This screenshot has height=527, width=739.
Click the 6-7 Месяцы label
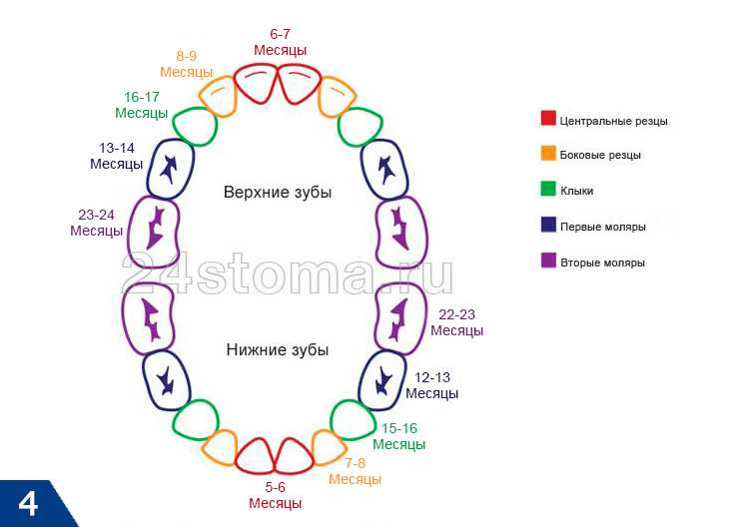click(280, 42)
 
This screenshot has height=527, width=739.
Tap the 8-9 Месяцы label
click(186, 64)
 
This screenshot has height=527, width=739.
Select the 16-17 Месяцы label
click(142, 105)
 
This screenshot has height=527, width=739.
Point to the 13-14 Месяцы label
click(117, 156)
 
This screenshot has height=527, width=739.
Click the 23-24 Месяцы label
click(96, 223)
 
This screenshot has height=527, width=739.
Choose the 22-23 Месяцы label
click(456, 322)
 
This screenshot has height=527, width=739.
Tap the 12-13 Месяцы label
click(431, 385)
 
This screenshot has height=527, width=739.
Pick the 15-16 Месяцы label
click(398, 436)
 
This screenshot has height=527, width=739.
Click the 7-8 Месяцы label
click(355, 471)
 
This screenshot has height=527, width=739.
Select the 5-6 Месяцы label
click(275, 495)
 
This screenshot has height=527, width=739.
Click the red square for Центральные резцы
click(548, 118)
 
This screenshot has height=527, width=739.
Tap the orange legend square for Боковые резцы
click(548, 153)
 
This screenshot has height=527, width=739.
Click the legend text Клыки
click(576, 191)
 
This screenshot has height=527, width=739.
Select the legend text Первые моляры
click(603, 227)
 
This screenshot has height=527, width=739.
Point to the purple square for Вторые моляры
click(548, 261)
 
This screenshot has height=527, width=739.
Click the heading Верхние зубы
click(278, 193)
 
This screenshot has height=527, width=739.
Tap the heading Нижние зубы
click(278, 350)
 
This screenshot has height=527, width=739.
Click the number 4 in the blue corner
click(28, 504)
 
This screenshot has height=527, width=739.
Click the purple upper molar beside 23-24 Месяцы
click(154, 229)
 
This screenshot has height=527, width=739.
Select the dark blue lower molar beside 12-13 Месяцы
click(382, 380)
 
